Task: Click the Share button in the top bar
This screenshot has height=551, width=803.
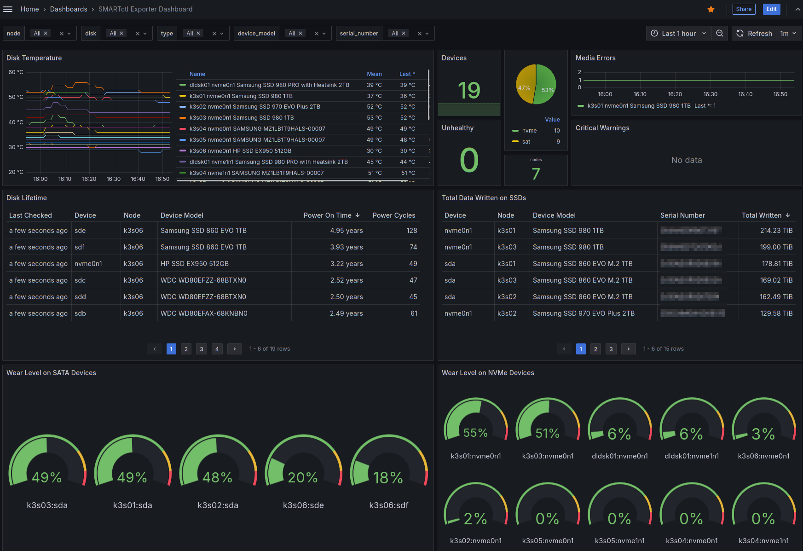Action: click(x=743, y=9)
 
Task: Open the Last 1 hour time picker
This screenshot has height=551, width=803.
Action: click(x=678, y=33)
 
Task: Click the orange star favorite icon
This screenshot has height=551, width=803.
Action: click(x=711, y=9)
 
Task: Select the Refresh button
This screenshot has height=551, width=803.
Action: click(x=754, y=33)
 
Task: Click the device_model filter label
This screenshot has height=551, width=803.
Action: click(x=256, y=33)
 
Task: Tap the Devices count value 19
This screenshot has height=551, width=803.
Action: click(x=469, y=90)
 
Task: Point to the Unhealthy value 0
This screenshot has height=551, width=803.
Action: click(x=469, y=160)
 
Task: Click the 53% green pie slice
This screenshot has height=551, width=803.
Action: click(x=546, y=85)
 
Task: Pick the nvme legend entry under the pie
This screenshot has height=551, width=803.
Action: click(x=529, y=131)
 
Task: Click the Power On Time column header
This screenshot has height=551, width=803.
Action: click(x=327, y=215)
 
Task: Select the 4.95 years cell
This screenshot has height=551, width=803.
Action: click(x=346, y=231)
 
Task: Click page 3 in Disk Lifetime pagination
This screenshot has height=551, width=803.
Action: click(x=202, y=349)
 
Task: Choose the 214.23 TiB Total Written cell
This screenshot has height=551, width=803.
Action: click(x=776, y=231)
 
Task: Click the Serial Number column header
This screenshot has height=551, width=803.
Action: click(x=682, y=215)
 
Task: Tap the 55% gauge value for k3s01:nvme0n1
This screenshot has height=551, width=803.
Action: click(x=475, y=433)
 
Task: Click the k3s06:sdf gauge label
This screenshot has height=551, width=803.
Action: click(x=389, y=505)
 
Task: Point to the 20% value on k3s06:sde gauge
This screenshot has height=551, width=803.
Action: click(x=303, y=478)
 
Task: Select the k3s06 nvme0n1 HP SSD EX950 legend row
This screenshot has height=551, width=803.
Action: click(x=240, y=151)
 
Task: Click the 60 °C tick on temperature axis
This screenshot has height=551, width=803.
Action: click(x=16, y=72)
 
